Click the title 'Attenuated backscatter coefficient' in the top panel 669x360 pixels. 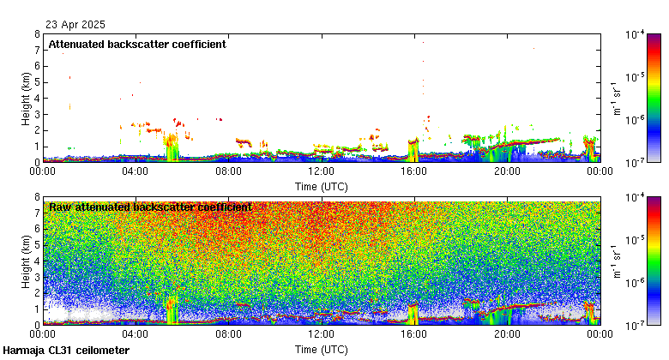coord(137,44)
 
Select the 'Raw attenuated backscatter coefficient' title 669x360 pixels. coord(150,207)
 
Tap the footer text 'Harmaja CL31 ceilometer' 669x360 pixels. coord(66,351)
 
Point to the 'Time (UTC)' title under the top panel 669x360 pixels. coord(322,185)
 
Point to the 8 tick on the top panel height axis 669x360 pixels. coord(37,34)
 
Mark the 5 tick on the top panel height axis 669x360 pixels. coord(37,82)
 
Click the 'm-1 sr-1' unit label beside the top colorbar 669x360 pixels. coord(614,99)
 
